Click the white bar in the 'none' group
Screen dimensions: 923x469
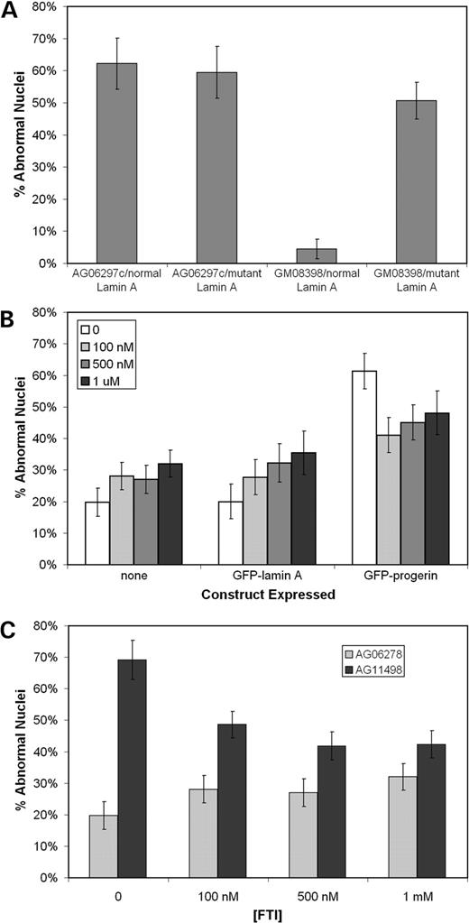97,533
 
